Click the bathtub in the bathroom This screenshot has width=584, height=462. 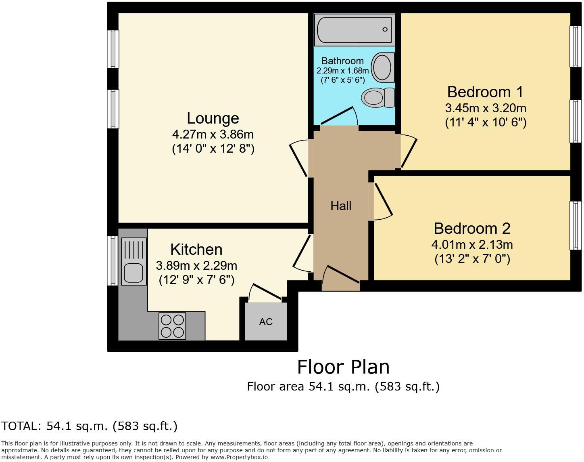[x=354, y=29]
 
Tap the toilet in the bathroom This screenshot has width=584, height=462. [x=378, y=98]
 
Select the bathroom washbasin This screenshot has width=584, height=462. [x=382, y=67]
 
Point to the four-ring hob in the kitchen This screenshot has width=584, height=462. [x=172, y=326]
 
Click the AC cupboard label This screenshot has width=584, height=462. [x=266, y=322]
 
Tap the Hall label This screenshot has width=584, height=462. [x=341, y=206]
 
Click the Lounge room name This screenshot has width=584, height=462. [x=213, y=118]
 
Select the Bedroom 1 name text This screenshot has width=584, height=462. [x=485, y=92]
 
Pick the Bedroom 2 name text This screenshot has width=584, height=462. [x=472, y=229]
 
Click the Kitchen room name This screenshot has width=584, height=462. [x=196, y=250]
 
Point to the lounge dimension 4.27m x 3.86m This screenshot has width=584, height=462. [x=213, y=134]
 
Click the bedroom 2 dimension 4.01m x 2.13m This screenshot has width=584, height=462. [x=472, y=244]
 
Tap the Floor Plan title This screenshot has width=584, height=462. [x=343, y=367]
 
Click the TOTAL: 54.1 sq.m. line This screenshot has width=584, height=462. [x=89, y=426]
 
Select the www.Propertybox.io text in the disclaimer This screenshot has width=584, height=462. [x=239, y=457]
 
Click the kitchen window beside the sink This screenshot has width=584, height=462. [x=112, y=261]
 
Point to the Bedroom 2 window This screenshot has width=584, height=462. [x=576, y=225]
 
